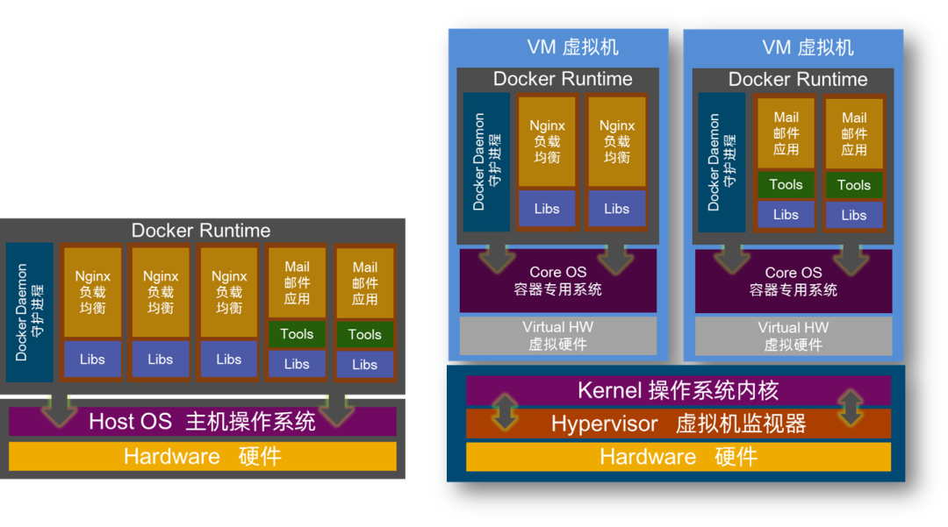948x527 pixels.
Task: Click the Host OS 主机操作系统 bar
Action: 202,422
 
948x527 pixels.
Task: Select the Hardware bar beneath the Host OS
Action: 202,456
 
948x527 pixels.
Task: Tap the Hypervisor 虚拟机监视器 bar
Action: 678,424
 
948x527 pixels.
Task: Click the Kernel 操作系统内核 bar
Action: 678,390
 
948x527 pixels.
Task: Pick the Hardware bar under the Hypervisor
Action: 678,457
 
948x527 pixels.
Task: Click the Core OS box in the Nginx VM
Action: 558,281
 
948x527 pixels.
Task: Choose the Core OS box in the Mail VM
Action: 794,281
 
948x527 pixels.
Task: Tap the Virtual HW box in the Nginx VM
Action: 558,335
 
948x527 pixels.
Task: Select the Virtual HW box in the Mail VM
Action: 794,335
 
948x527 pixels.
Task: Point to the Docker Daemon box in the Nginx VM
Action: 486,162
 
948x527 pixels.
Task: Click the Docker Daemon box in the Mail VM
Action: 722,162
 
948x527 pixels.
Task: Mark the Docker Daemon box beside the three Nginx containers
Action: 29,312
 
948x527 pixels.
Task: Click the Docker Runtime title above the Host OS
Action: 201,231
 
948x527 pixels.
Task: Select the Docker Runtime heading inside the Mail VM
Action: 797,79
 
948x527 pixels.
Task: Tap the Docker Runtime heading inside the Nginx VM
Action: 563,79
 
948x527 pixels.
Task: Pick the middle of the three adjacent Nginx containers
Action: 161,292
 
